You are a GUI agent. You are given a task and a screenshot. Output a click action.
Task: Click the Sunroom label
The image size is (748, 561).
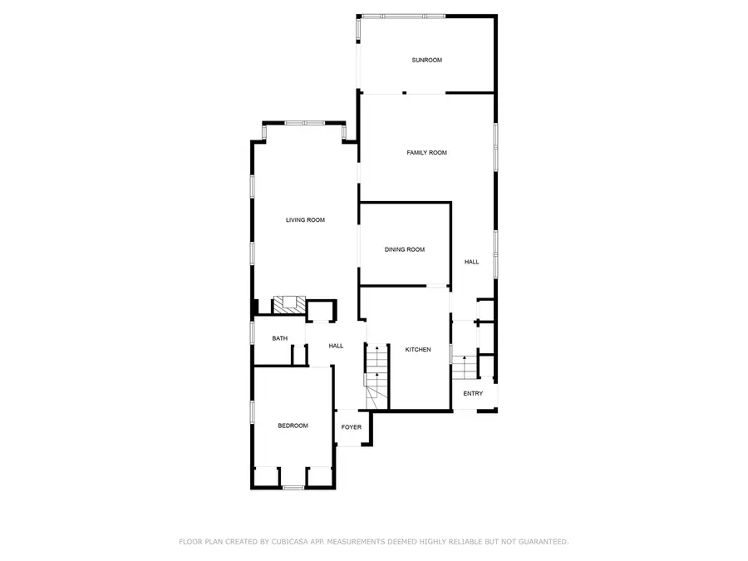click(x=426, y=60)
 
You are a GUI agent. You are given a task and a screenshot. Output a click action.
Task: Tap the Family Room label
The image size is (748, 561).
click(x=426, y=153)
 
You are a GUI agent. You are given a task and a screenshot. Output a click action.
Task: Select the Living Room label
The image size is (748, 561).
click(x=305, y=220)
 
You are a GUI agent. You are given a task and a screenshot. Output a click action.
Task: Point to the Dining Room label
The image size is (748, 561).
click(x=405, y=249)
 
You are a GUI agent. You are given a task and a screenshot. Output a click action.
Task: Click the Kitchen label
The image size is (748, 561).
click(x=418, y=350)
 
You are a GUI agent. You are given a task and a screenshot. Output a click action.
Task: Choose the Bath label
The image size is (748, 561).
click(x=280, y=338)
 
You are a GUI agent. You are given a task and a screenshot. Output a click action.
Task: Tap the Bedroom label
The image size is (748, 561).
click(x=293, y=426)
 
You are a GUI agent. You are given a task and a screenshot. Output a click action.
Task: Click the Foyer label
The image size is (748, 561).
click(x=352, y=427)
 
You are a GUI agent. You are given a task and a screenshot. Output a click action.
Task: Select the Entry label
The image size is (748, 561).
click(x=473, y=394)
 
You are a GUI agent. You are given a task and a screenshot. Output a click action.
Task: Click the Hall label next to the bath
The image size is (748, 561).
click(x=336, y=346)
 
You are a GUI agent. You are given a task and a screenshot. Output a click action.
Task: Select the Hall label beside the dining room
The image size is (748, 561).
click(x=471, y=262)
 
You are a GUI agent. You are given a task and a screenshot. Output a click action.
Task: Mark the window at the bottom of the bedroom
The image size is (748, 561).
click(x=293, y=487)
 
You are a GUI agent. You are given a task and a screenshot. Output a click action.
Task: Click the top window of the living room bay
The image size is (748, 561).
click(x=304, y=123)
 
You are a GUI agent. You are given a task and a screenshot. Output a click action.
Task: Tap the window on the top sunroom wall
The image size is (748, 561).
click(x=402, y=16)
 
